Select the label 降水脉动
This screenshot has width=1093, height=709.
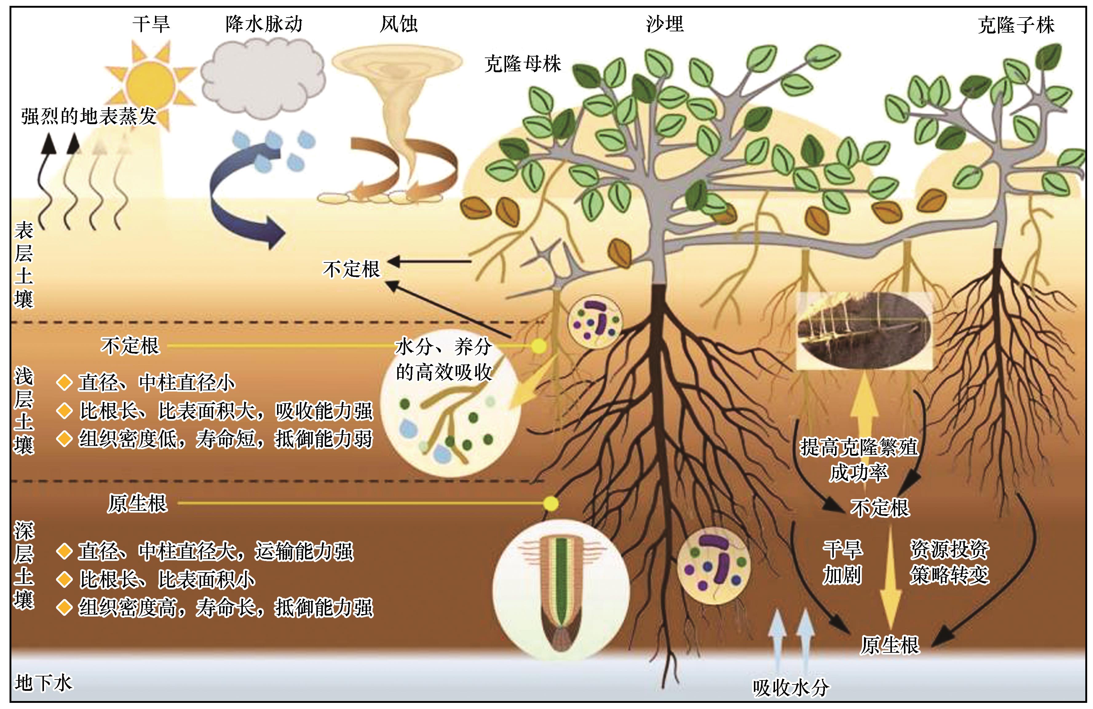coord(264,24)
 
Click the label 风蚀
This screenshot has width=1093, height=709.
coord(399,24)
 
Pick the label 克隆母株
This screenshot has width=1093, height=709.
coord(523,64)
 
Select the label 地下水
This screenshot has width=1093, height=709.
coord(44,683)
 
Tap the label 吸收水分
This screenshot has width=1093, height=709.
coord(791,687)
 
